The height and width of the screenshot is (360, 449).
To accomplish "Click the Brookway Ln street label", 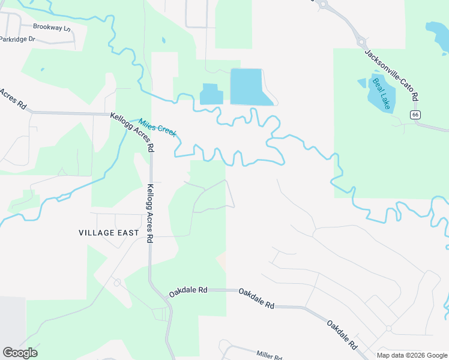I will pyautogui.click(x=52, y=28).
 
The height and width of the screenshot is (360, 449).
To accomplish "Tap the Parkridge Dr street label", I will pyautogui.click(x=18, y=39).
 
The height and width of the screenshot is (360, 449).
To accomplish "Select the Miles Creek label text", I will pyautogui.click(x=157, y=127).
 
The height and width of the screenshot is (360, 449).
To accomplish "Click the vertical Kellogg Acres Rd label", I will pyautogui.click(x=150, y=213).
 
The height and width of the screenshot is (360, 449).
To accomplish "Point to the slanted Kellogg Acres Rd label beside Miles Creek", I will pyautogui.click(x=133, y=130).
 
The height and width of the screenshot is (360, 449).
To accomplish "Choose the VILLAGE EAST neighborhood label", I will pyautogui.click(x=109, y=232).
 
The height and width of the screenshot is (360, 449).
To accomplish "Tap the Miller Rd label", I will pyautogui.click(x=269, y=355).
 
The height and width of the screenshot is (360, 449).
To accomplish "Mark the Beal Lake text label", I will pyautogui.click(x=382, y=93).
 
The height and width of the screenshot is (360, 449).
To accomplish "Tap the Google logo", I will pyautogui.click(x=20, y=352).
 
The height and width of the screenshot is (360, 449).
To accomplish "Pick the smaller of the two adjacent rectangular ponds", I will pyautogui.click(x=211, y=94).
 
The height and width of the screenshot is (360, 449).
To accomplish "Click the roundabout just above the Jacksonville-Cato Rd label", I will pyautogui.click(x=362, y=42).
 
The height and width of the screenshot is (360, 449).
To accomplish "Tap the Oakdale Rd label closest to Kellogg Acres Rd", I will pyautogui.click(x=188, y=291).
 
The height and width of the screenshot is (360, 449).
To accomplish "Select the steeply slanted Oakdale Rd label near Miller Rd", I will pyautogui.click(x=342, y=335).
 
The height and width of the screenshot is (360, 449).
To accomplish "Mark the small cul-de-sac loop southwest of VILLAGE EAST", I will pyautogui.click(x=117, y=282).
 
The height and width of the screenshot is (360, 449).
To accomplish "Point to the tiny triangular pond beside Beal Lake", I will pyautogui.click(x=361, y=83).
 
